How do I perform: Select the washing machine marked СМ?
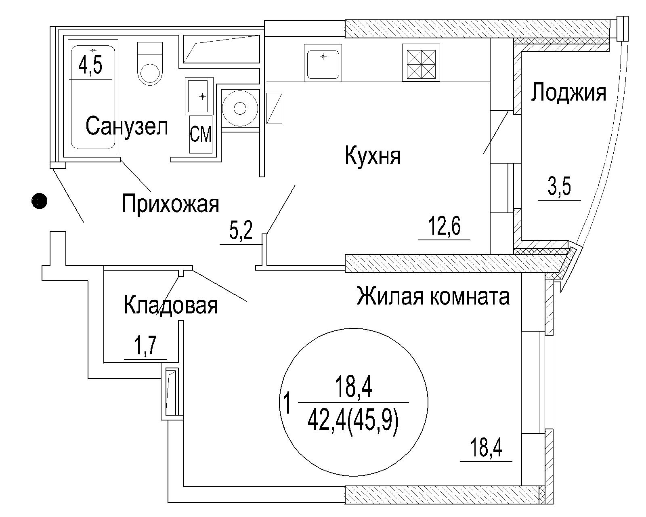point(201,134)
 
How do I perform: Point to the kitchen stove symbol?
point(421,63)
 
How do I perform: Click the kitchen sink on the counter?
point(323,63)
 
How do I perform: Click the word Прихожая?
point(170,204)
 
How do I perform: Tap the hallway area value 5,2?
point(241,230)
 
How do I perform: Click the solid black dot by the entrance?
point(39,200)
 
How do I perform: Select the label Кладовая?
point(171,305)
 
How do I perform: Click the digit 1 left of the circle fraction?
point(287,404)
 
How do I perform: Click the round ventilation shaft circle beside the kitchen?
point(240,108)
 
